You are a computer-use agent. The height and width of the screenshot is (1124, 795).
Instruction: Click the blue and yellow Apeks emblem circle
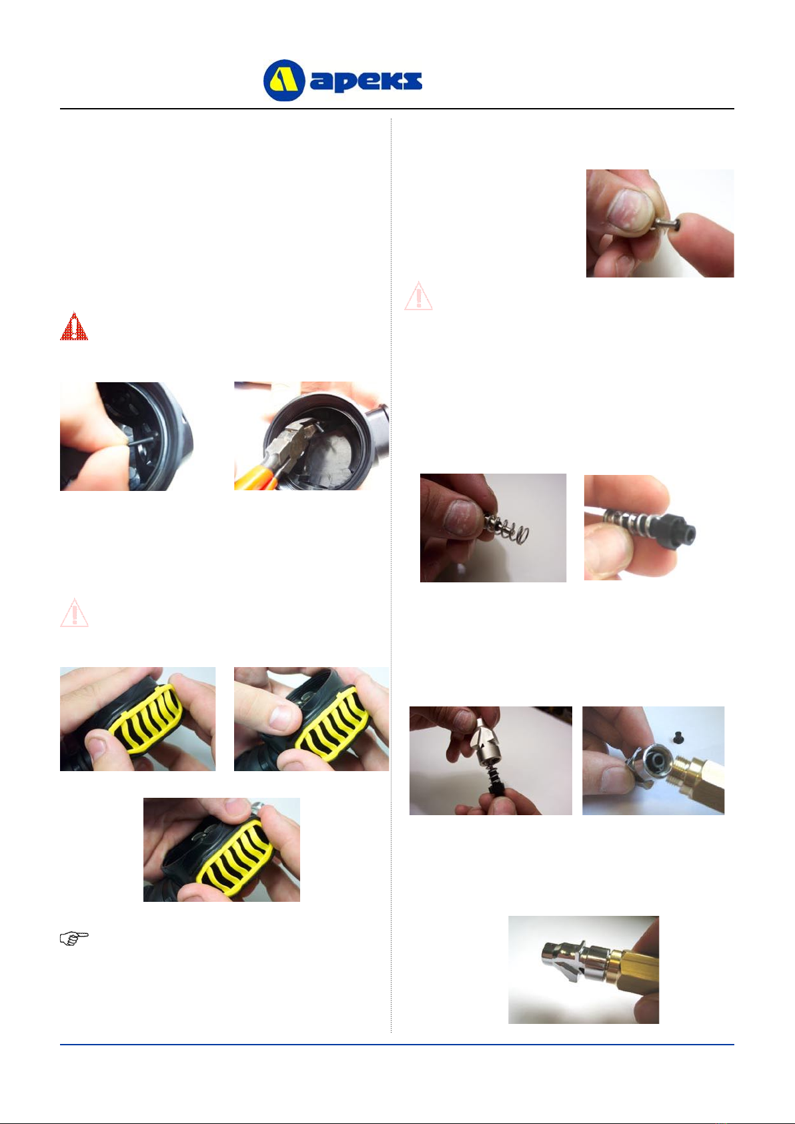click(284, 80)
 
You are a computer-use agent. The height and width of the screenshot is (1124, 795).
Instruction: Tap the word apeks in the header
click(366, 81)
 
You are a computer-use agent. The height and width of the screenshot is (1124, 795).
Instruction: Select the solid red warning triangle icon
click(74, 327)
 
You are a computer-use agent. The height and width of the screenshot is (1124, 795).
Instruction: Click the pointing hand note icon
click(74, 938)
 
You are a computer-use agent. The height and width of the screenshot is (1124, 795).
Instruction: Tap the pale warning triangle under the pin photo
click(418, 296)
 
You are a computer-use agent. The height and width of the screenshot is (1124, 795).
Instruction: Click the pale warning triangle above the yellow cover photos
click(74, 612)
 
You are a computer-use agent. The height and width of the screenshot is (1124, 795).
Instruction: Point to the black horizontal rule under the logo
click(397, 108)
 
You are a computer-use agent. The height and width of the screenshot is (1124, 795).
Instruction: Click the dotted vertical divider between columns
click(391, 575)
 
